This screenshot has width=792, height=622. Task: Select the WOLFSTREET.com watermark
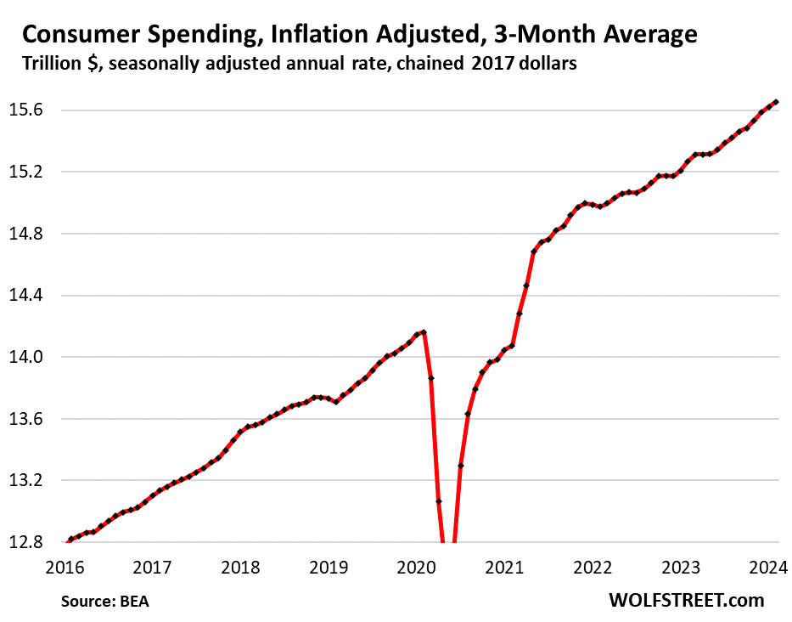[686, 600]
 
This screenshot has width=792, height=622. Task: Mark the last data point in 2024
[776, 102]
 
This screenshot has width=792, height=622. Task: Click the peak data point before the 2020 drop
[424, 332]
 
